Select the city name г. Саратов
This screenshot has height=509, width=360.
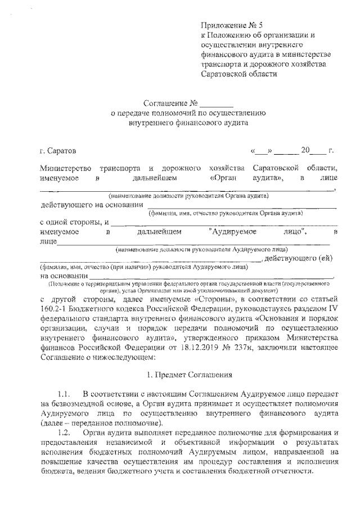tap(56, 151)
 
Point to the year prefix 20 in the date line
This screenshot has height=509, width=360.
tap(305, 151)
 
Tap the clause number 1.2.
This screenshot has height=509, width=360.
tap(66, 433)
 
